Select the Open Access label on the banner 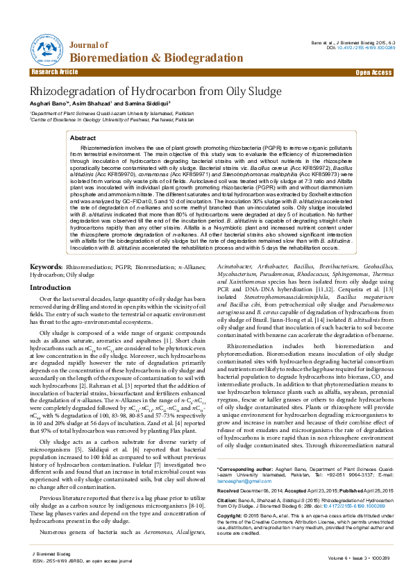(374, 72)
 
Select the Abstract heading (83, 139)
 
